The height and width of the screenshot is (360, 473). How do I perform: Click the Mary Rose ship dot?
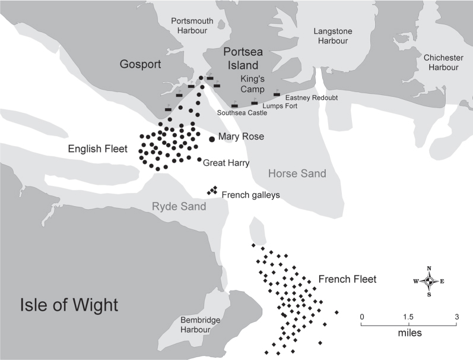pyautogui.click(x=212, y=139)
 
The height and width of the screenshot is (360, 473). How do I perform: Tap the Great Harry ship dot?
pyautogui.click(x=199, y=159)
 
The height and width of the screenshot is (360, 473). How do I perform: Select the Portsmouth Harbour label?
pyautogui.click(x=192, y=26)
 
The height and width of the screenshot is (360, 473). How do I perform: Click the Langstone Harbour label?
pyautogui.click(x=333, y=36)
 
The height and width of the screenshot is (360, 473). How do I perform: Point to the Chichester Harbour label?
pyautogui.click(x=443, y=62)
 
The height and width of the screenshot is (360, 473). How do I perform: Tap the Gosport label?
pyautogui.click(x=140, y=64)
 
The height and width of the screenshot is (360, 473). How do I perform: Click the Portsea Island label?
pyautogui.click(x=243, y=59)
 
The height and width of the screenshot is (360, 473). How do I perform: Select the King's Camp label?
pyautogui.click(x=252, y=84)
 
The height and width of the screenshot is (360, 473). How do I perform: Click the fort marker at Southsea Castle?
pyautogui.click(x=234, y=105)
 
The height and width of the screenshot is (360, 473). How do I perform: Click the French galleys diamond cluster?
pyautogui.click(x=212, y=190)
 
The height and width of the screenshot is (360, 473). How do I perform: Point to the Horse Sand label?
pyautogui.click(x=297, y=173)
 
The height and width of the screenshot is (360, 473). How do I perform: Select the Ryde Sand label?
pyautogui.click(x=179, y=206)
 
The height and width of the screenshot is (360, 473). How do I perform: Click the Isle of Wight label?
pyautogui.click(x=69, y=304)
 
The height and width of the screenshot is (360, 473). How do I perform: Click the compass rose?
pyautogui.click(x=429, y=282)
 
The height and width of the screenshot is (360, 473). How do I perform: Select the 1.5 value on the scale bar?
pyautogui.click(x=408, y=317)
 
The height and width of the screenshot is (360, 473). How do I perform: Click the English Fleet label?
pyautogui.click(x=98, y=149)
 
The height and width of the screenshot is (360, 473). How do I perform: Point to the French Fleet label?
pyautogui.click(x=348, y=279)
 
